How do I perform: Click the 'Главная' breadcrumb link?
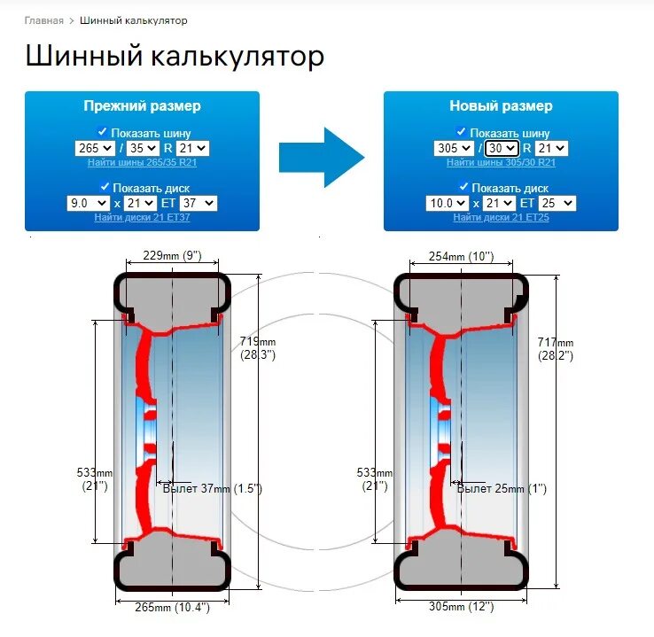tap(43, 20)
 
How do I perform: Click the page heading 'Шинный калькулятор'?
tap(175, 58)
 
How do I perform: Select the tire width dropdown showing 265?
tap(95, 149)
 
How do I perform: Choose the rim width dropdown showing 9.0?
tap(88, 203)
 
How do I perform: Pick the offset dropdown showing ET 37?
tap(197, 203)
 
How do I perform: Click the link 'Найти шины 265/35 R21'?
tap(142, 162)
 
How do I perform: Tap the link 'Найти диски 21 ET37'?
tap(142, 217)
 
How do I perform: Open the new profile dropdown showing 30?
tap(502, 149)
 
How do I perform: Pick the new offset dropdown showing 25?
tap(556, 203)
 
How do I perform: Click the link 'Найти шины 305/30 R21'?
tap(501, 162)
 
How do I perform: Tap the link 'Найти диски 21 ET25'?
tap(501, 217)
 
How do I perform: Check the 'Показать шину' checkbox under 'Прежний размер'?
tap(102, 131)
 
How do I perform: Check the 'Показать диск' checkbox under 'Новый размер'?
tap(463, 186)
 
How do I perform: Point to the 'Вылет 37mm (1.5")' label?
tap(213, 488)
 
